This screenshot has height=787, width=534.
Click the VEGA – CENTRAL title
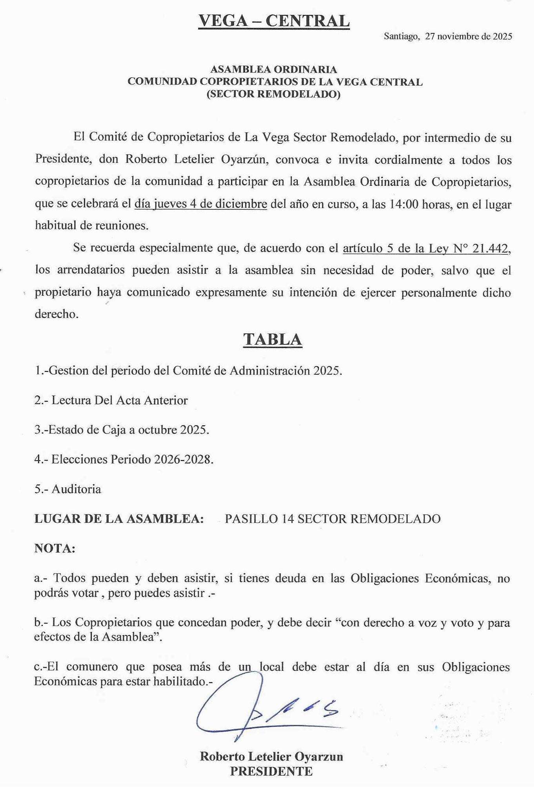pyautogui.click(x=273, y=21)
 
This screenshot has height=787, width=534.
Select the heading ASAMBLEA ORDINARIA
pyautogui.click(x=273, y=70)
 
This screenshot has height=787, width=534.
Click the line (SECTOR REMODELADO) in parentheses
pyautogui.click(x=273, y=94)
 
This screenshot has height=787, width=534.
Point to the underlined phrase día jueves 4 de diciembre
pyautogui.click(x=200, y=204)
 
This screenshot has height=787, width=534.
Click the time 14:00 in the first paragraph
pyautogui.click(x=404, y=204)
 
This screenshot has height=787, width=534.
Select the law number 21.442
pyautogui.click(x=490, y=248)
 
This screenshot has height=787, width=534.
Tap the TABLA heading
pyautogui.click(x=272, y=339)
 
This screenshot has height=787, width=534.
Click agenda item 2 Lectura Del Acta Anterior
pyautogui.click(x=111, y=400)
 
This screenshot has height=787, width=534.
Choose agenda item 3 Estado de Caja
pyautogui.click(x=122, y=430)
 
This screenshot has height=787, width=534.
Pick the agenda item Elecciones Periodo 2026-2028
pyautogui.click(x=124, y=459)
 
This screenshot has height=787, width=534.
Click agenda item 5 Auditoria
pyautogui.click(x=68, y=489)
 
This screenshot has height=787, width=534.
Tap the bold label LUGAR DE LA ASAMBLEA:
pyautogui.click(x=119, y=519)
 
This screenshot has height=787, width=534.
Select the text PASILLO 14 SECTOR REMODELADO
pyautogui.click(x=332, y=519)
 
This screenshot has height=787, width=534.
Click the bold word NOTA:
pyautogui.click(x=55, y=548)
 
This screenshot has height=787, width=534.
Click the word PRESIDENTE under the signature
pyautogui.click(x=271, y=771)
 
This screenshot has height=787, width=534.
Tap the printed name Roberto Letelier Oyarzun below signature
pyautogui.click(x=271, y=756)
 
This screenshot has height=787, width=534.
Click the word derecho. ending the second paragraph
pyautogui.click(x=56, y=314)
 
